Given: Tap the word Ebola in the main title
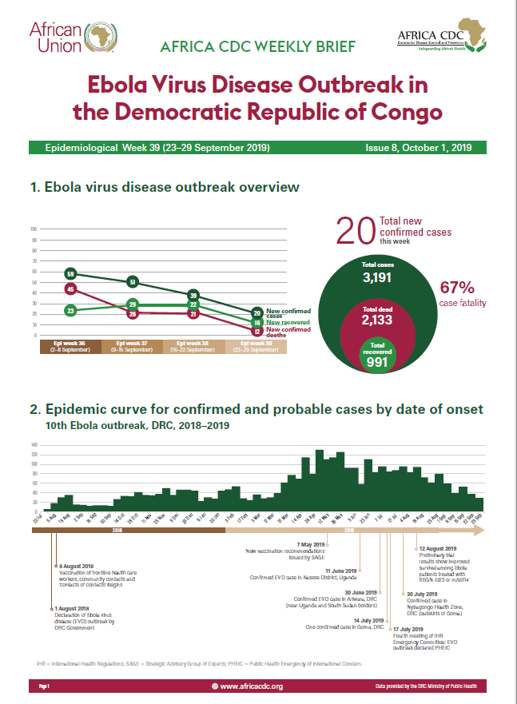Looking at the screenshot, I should coord(124,86).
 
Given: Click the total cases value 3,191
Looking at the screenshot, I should coord(380,277).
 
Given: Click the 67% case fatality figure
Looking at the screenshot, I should coord(458,288).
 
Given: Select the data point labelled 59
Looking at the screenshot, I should coord(70,273).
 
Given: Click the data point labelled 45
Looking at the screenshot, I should coord(70,288).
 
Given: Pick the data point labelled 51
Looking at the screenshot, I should coord(133,281).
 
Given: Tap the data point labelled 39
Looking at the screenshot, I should coord(193,295).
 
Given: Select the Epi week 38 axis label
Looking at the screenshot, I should coord(194,346).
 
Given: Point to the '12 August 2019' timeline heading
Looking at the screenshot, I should coord(438,549).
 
